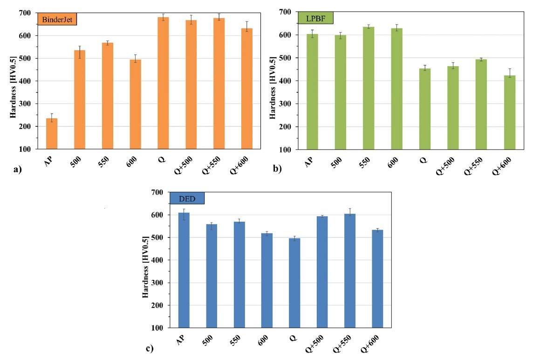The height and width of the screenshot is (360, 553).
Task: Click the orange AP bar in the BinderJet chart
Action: pyautogui.click(x=52, y=134)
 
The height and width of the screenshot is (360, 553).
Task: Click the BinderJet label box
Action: pyautogui.click(x=57, y=19)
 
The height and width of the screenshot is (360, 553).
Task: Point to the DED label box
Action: pyautogui.click(x=186, y=198)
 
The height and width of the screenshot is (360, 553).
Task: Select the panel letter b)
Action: pyautogui.click(x=277, y=169)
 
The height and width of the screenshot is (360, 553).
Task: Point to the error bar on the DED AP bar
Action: pyautogui.click(x=184, y=214)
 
